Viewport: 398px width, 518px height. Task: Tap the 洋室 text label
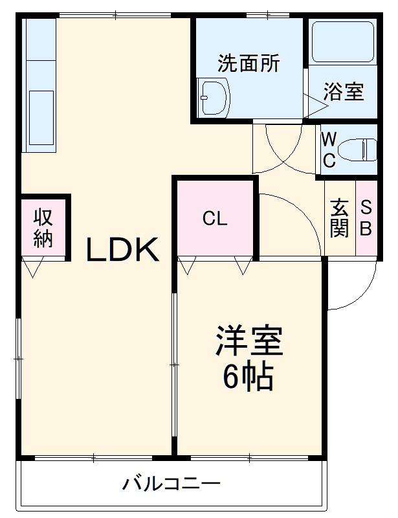pyautogui.click(x=249, y=342)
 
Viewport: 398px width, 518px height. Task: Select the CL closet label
pyautogui.click(x=215, y=219)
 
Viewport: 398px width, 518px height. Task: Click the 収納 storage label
pyautogui.click(x=43, y=227)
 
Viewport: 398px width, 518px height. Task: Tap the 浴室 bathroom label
pyautogui.click(x=343, y=91)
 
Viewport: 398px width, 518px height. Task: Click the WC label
pyautogui.click(x=329, y=150)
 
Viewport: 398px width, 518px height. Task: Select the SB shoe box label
pyautogui.click(x=366, y=218)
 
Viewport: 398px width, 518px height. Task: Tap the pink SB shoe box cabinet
pyautogui.click(x=366, y=218)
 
